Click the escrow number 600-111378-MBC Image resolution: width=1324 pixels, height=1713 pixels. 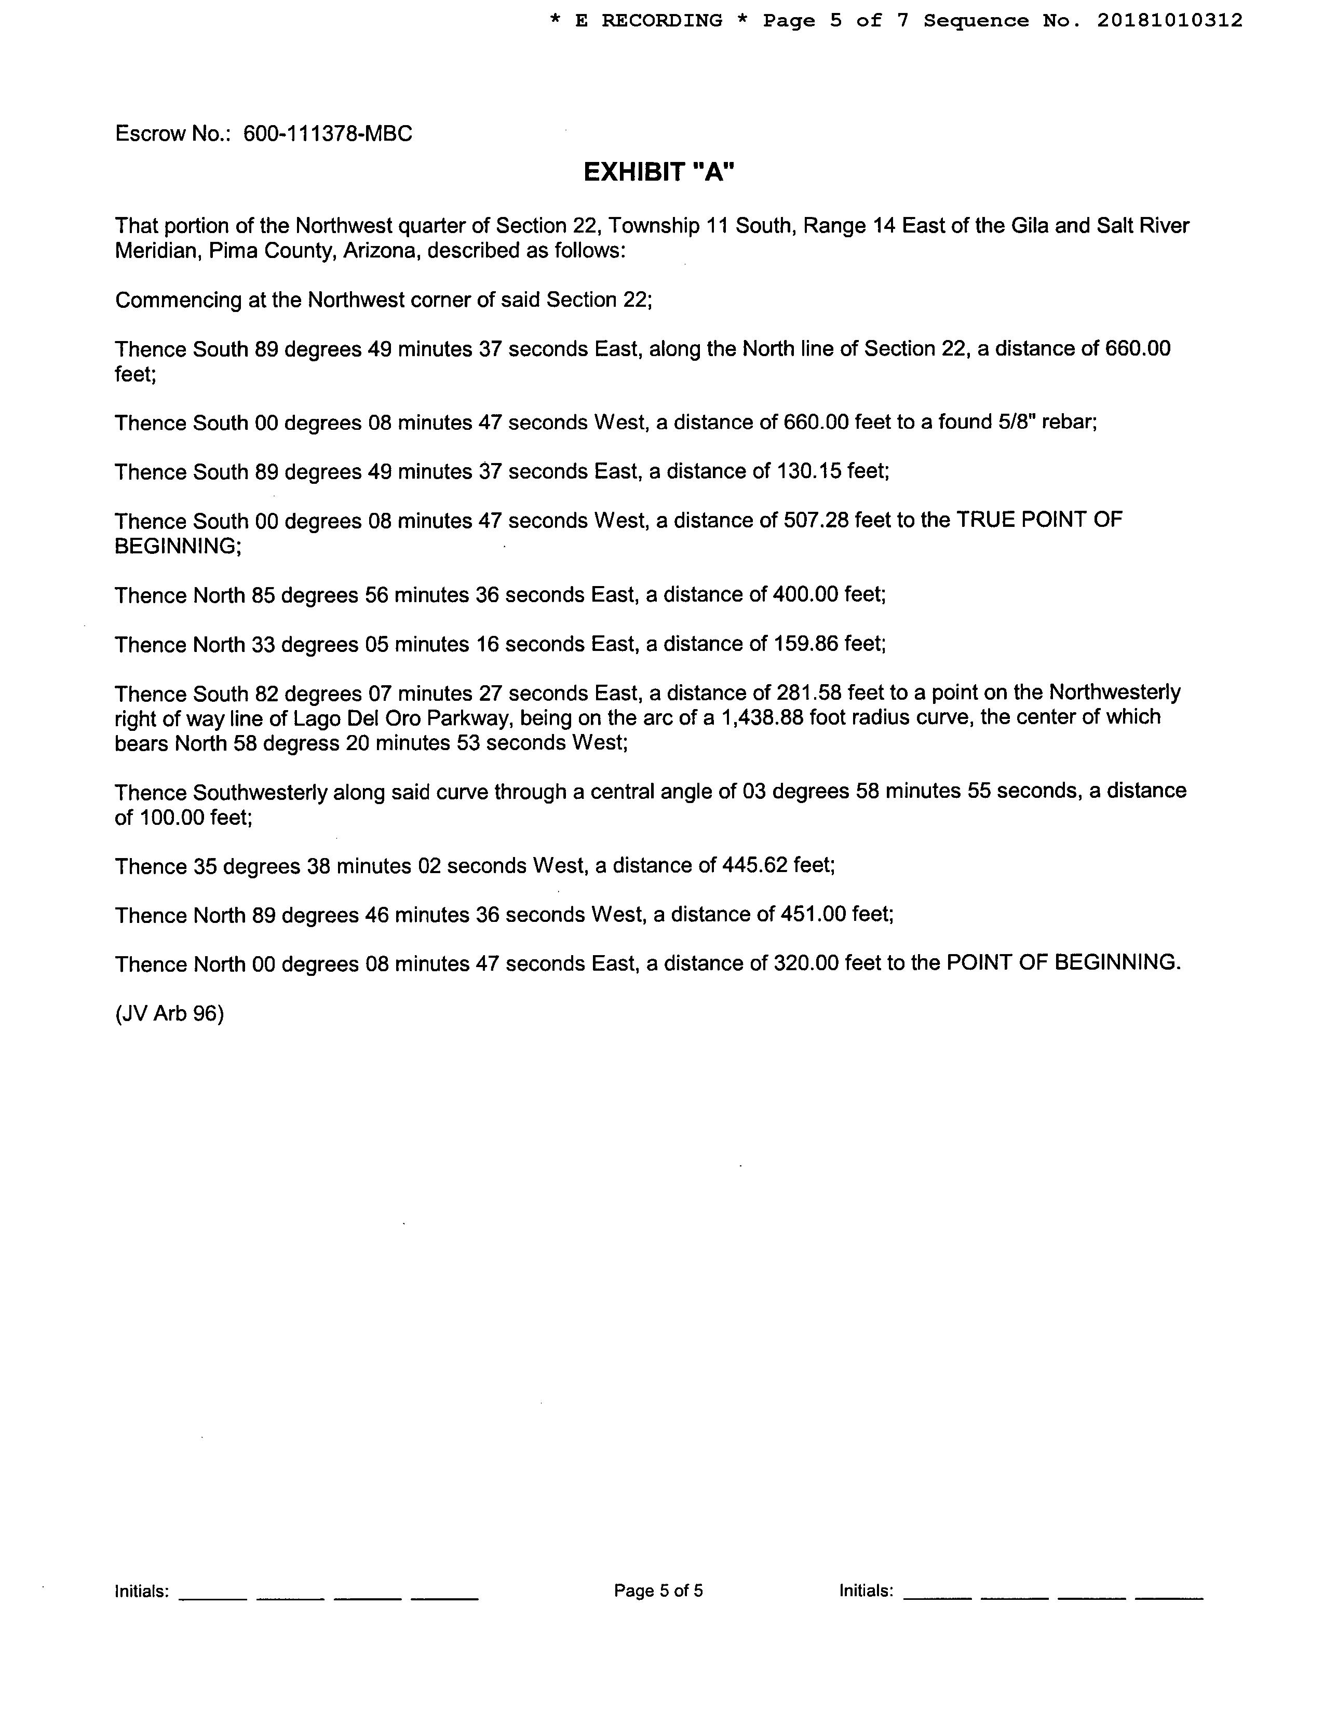327,134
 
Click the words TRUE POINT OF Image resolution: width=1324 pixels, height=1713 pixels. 1039,520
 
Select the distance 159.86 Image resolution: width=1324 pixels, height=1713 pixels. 805,644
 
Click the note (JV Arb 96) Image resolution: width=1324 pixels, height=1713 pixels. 169,1014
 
